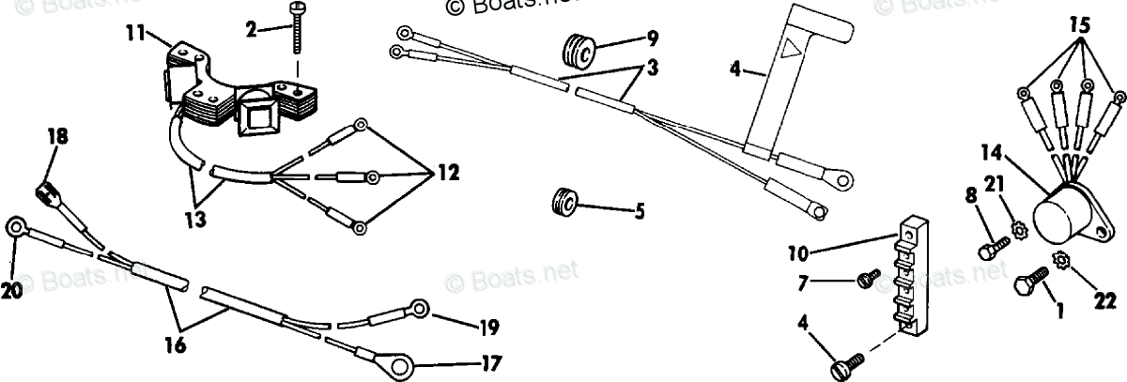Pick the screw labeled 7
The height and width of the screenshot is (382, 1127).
pos(867,278)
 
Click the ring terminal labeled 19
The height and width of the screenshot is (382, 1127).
pos(416,307)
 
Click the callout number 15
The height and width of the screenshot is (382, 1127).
pos(1080,25)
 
